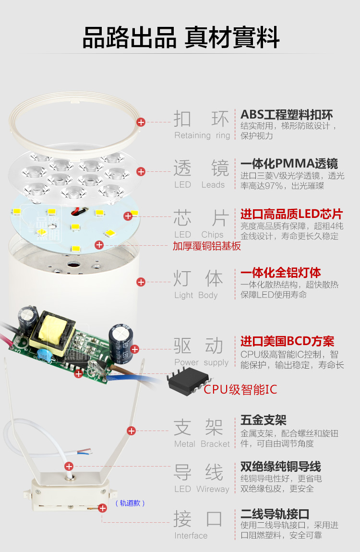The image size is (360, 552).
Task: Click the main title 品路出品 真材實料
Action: (180, 38)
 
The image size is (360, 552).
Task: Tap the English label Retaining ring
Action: (202, 135)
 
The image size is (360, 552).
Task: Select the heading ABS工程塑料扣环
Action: (287, 115)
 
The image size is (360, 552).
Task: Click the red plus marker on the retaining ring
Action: (141, 122)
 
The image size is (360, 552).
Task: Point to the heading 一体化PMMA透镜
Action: (289, 164)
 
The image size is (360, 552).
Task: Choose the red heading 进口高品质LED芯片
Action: (291, 214)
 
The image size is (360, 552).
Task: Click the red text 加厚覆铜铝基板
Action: (207, 246)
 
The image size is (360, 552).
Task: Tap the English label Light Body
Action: (196, 295)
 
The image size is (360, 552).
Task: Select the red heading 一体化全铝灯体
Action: (281, 273)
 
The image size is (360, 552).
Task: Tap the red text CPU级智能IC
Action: (240, 389)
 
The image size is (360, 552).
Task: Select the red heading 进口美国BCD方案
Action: (287, 342)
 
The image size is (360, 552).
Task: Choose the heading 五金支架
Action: (263, 420)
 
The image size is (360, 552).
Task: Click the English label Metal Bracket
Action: (202, 444)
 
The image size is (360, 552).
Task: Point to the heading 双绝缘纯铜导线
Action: (280, 467)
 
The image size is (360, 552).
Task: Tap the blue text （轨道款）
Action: (130, 503)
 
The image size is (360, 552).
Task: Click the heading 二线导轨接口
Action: (275, 514)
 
